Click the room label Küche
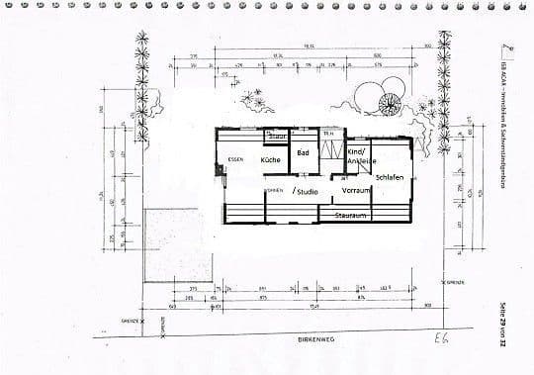click(x=270, y=159)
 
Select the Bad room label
click(x=304, y=153)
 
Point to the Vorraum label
click(x=356, y=190)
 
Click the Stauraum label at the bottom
click(x=351, y=214)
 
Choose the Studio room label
click(x=305, y=190)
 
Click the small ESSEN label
click(x=235, y=159)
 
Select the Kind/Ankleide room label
click(x=358, y=156)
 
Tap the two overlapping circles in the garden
click(x=375, y=99)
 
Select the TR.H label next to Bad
click(x=328, y=132)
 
